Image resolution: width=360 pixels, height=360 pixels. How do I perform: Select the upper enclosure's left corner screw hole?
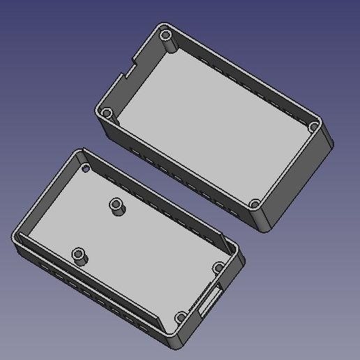coord(106,113)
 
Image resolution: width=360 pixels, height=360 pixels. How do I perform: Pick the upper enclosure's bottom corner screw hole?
coord(255,205)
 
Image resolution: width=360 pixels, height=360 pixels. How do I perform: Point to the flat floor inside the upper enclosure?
coord(209,126)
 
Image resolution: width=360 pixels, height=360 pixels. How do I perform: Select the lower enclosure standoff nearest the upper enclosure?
coord(117,207)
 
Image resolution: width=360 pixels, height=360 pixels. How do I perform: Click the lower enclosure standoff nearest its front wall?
coord(80,255)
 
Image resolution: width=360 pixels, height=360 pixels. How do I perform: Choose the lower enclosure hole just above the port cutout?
coord(218,267)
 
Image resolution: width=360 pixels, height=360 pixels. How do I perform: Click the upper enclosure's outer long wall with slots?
coord(174,167)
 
